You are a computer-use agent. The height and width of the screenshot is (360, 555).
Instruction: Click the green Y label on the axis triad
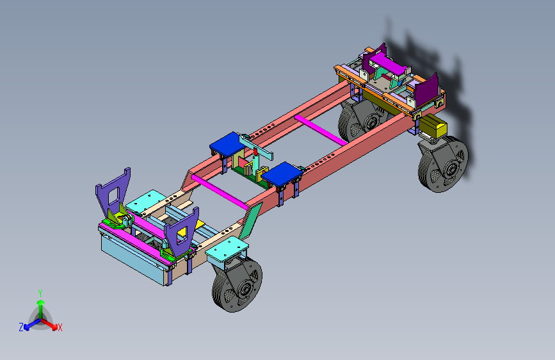pyautogui.click(x=40, y=293)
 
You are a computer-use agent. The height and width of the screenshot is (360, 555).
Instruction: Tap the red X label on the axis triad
pyautogui.click(x=60, y=328)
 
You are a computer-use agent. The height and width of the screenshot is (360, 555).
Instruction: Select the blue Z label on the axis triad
pyautogui.click(x=21, y=327)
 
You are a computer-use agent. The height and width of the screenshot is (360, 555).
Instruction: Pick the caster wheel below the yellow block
pyautogui.click(x=443, y=165)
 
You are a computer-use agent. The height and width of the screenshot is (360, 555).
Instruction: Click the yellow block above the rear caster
pyautogui.click(x=433, y=126)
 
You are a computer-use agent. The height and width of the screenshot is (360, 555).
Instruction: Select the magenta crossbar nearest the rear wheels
pyautogui.click(x=321, y=130)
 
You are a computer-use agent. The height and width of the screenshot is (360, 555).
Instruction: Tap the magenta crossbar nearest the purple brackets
pyautogui.click(x=220, y=192)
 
